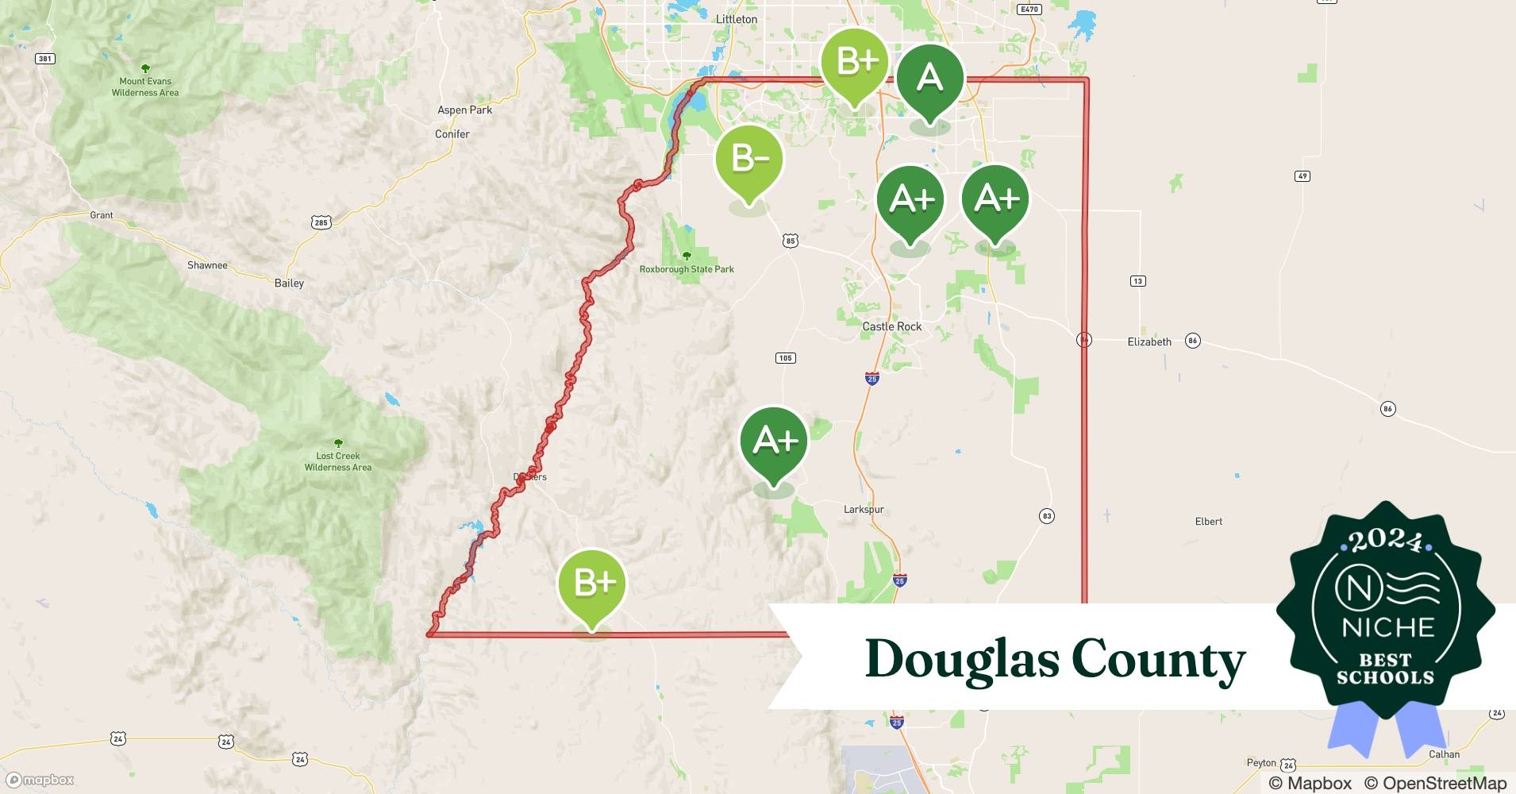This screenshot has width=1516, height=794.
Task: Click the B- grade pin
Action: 748,159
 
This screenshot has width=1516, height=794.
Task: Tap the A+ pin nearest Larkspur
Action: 774,441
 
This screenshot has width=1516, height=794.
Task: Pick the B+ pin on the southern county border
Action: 592,584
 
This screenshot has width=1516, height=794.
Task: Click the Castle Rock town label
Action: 892,326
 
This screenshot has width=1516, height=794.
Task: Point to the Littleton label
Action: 737,19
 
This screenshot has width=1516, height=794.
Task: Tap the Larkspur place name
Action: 864,510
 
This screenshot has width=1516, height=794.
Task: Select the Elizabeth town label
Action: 1149,342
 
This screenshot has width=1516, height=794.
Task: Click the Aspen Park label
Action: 464,110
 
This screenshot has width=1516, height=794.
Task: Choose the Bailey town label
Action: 289,283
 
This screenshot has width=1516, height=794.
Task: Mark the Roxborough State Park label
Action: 687,269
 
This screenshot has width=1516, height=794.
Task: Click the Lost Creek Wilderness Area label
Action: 338,461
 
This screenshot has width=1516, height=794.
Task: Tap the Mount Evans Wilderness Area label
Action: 145,87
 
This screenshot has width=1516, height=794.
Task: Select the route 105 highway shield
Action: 785,358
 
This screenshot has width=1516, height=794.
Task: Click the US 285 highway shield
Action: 321,222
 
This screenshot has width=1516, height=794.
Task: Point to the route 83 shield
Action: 1047,516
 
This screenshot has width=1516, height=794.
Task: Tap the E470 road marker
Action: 1029,10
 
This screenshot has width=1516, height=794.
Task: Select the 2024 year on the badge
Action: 1386,542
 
